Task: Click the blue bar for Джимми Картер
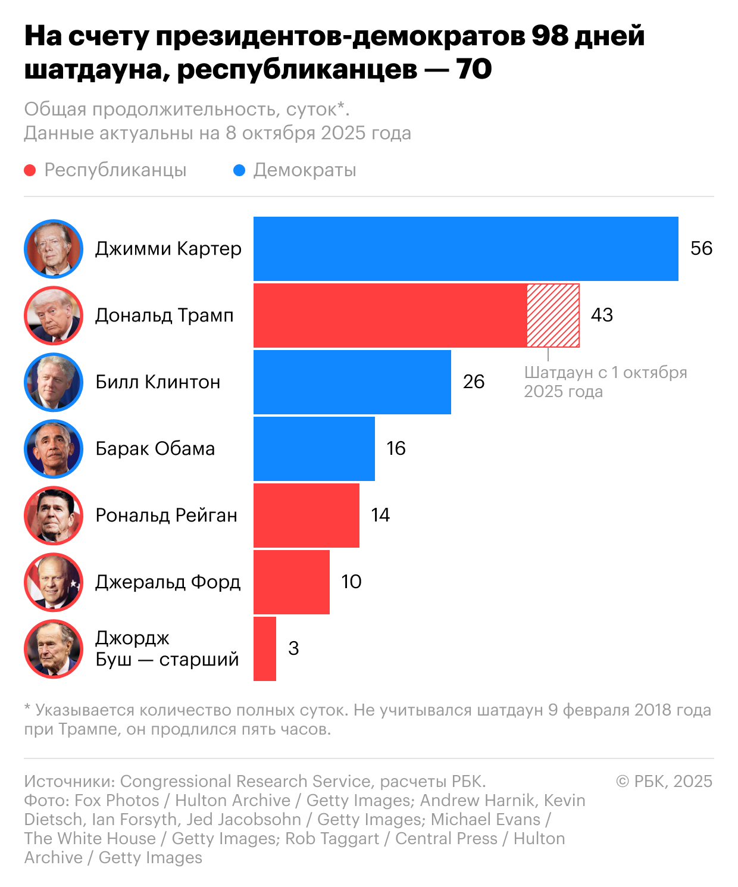tap(465, 248)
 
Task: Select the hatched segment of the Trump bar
tap(553, 316)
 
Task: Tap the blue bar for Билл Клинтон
tap(352, 382)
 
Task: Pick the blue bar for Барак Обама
tap(314, 448)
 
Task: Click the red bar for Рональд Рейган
tap(306, 515)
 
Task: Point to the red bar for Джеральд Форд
tap(291, 582)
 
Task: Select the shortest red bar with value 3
tap(265, 648)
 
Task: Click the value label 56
tap(701, 248)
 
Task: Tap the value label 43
tap(602, 315)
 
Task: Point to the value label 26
tap(474, 382)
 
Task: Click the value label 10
tap(351, 582)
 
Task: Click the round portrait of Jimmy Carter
tap(54, 248)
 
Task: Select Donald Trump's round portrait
tap(54, 315)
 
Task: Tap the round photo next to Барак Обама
tap(54, 448)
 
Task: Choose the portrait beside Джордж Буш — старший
tap(54, 648)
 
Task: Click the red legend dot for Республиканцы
tap(30, 171)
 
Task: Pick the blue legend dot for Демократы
tap(239, 171)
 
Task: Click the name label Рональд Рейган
tap(166, 515)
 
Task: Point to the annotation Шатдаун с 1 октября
tap(605, 373)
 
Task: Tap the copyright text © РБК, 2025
tap(664, 781)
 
